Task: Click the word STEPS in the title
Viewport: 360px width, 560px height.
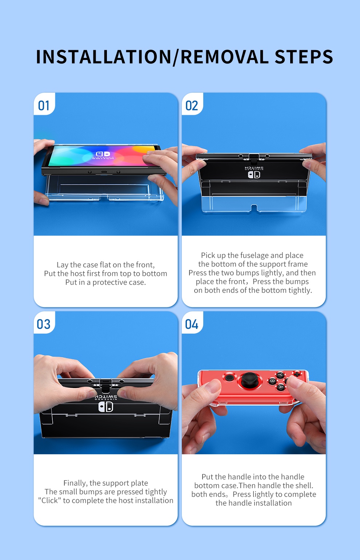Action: [304, 57]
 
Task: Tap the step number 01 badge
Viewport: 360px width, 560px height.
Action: [44, 106]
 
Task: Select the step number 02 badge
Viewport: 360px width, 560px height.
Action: [192, 106]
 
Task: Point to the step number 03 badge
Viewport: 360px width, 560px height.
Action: [44, 324]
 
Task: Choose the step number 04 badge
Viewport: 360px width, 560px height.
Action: [192, 324]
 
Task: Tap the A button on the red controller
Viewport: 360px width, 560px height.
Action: [280, 387]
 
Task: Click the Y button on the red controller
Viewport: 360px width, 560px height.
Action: [280, 375]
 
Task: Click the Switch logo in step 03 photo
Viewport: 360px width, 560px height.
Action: [106, 407]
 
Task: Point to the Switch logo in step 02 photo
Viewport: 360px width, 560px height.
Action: [254, 174]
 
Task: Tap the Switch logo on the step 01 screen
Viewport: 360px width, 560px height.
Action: [103, 155]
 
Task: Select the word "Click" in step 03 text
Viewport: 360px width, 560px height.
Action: [50, 500]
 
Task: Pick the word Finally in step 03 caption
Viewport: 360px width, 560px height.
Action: [75, 483]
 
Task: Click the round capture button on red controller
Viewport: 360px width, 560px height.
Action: [229, 378]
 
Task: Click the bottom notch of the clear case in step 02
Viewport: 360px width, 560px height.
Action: [254, 208]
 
